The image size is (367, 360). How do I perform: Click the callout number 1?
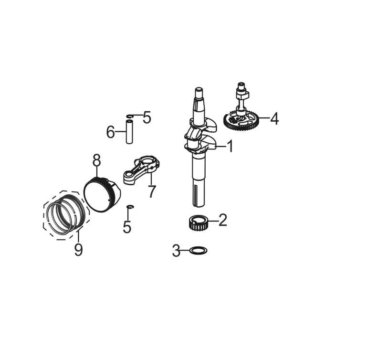[231, 146]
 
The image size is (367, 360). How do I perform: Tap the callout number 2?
[223, 220]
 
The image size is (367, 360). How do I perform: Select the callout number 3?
[176, 250]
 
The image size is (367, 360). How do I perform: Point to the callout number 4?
[274, 118]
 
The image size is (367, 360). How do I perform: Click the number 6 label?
[110, 132]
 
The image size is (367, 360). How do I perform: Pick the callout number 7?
[152, 191]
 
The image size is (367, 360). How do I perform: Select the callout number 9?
[78, 249]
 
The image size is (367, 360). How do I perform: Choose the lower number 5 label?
[127, 227]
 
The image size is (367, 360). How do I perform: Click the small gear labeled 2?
[199, 223]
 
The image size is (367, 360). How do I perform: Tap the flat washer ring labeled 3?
[198, 250]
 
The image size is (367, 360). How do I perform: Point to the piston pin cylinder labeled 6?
[129, 132]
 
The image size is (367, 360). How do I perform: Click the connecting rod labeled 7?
[141, 170]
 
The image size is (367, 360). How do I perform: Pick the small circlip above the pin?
[130, 116]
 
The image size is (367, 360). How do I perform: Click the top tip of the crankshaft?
[198, 88]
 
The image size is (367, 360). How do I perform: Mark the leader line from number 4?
[264, 118]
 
